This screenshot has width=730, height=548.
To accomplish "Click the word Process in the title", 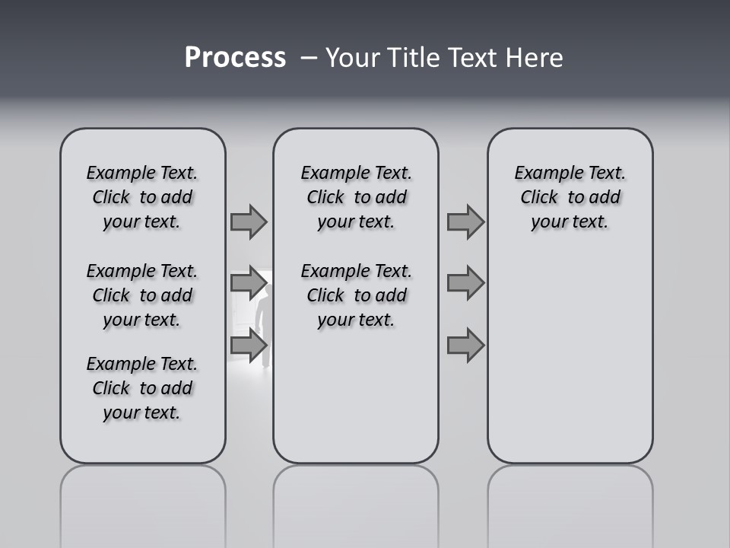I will tap(235, 58).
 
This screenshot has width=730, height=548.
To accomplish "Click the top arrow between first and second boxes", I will tap(249, 221).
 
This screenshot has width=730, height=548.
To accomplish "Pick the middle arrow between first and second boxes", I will tap(249, 283).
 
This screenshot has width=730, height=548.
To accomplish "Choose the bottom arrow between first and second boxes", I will tap(249, 346).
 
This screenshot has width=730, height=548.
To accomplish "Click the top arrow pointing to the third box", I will tap(465, 221).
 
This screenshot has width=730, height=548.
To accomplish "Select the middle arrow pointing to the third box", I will tap(465, 283).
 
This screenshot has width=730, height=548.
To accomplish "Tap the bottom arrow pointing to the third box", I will tap(465, 346).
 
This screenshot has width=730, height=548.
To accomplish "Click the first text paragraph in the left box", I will tap(142, 197).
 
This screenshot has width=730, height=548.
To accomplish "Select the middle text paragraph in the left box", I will tap(142, 295).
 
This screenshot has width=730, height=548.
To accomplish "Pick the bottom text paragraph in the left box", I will tap(142, 388).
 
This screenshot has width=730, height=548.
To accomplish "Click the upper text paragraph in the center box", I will tap(356, 197).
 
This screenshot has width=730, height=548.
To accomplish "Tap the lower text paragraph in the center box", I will tap(356, 295).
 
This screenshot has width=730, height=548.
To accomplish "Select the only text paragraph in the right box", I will tap(570, 197).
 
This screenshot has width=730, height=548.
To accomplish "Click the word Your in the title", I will tap(353, 58).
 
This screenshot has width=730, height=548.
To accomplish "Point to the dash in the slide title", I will tap(308, 58).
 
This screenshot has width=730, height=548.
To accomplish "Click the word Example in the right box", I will tap(545, 174).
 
